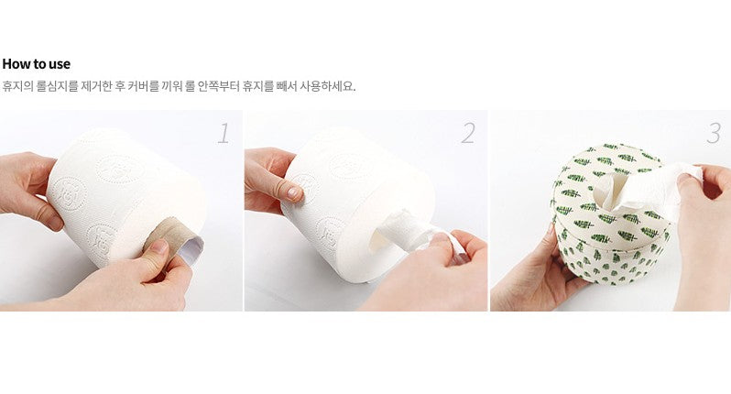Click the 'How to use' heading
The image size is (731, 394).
[37, 64]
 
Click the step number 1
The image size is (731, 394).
[224, 133]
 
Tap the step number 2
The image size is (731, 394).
[468, 133]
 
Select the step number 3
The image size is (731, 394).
[714, 133]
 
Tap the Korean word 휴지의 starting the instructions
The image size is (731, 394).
[17, 86]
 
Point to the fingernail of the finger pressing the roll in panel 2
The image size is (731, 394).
[293, 192]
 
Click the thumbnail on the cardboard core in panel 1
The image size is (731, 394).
[159, 246]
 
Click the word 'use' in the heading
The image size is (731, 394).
[60, 65]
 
